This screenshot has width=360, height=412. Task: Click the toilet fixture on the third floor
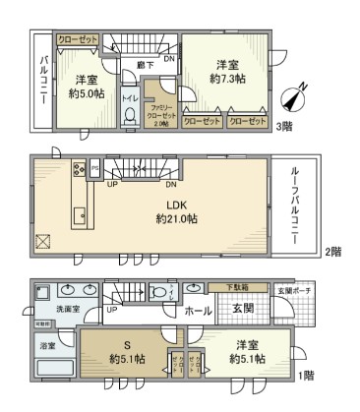click(130, 115)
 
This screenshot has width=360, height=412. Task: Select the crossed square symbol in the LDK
click(42, 241)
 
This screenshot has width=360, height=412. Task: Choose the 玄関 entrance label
click(242, 310)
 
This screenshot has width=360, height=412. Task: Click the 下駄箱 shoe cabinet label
click(228, 287)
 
